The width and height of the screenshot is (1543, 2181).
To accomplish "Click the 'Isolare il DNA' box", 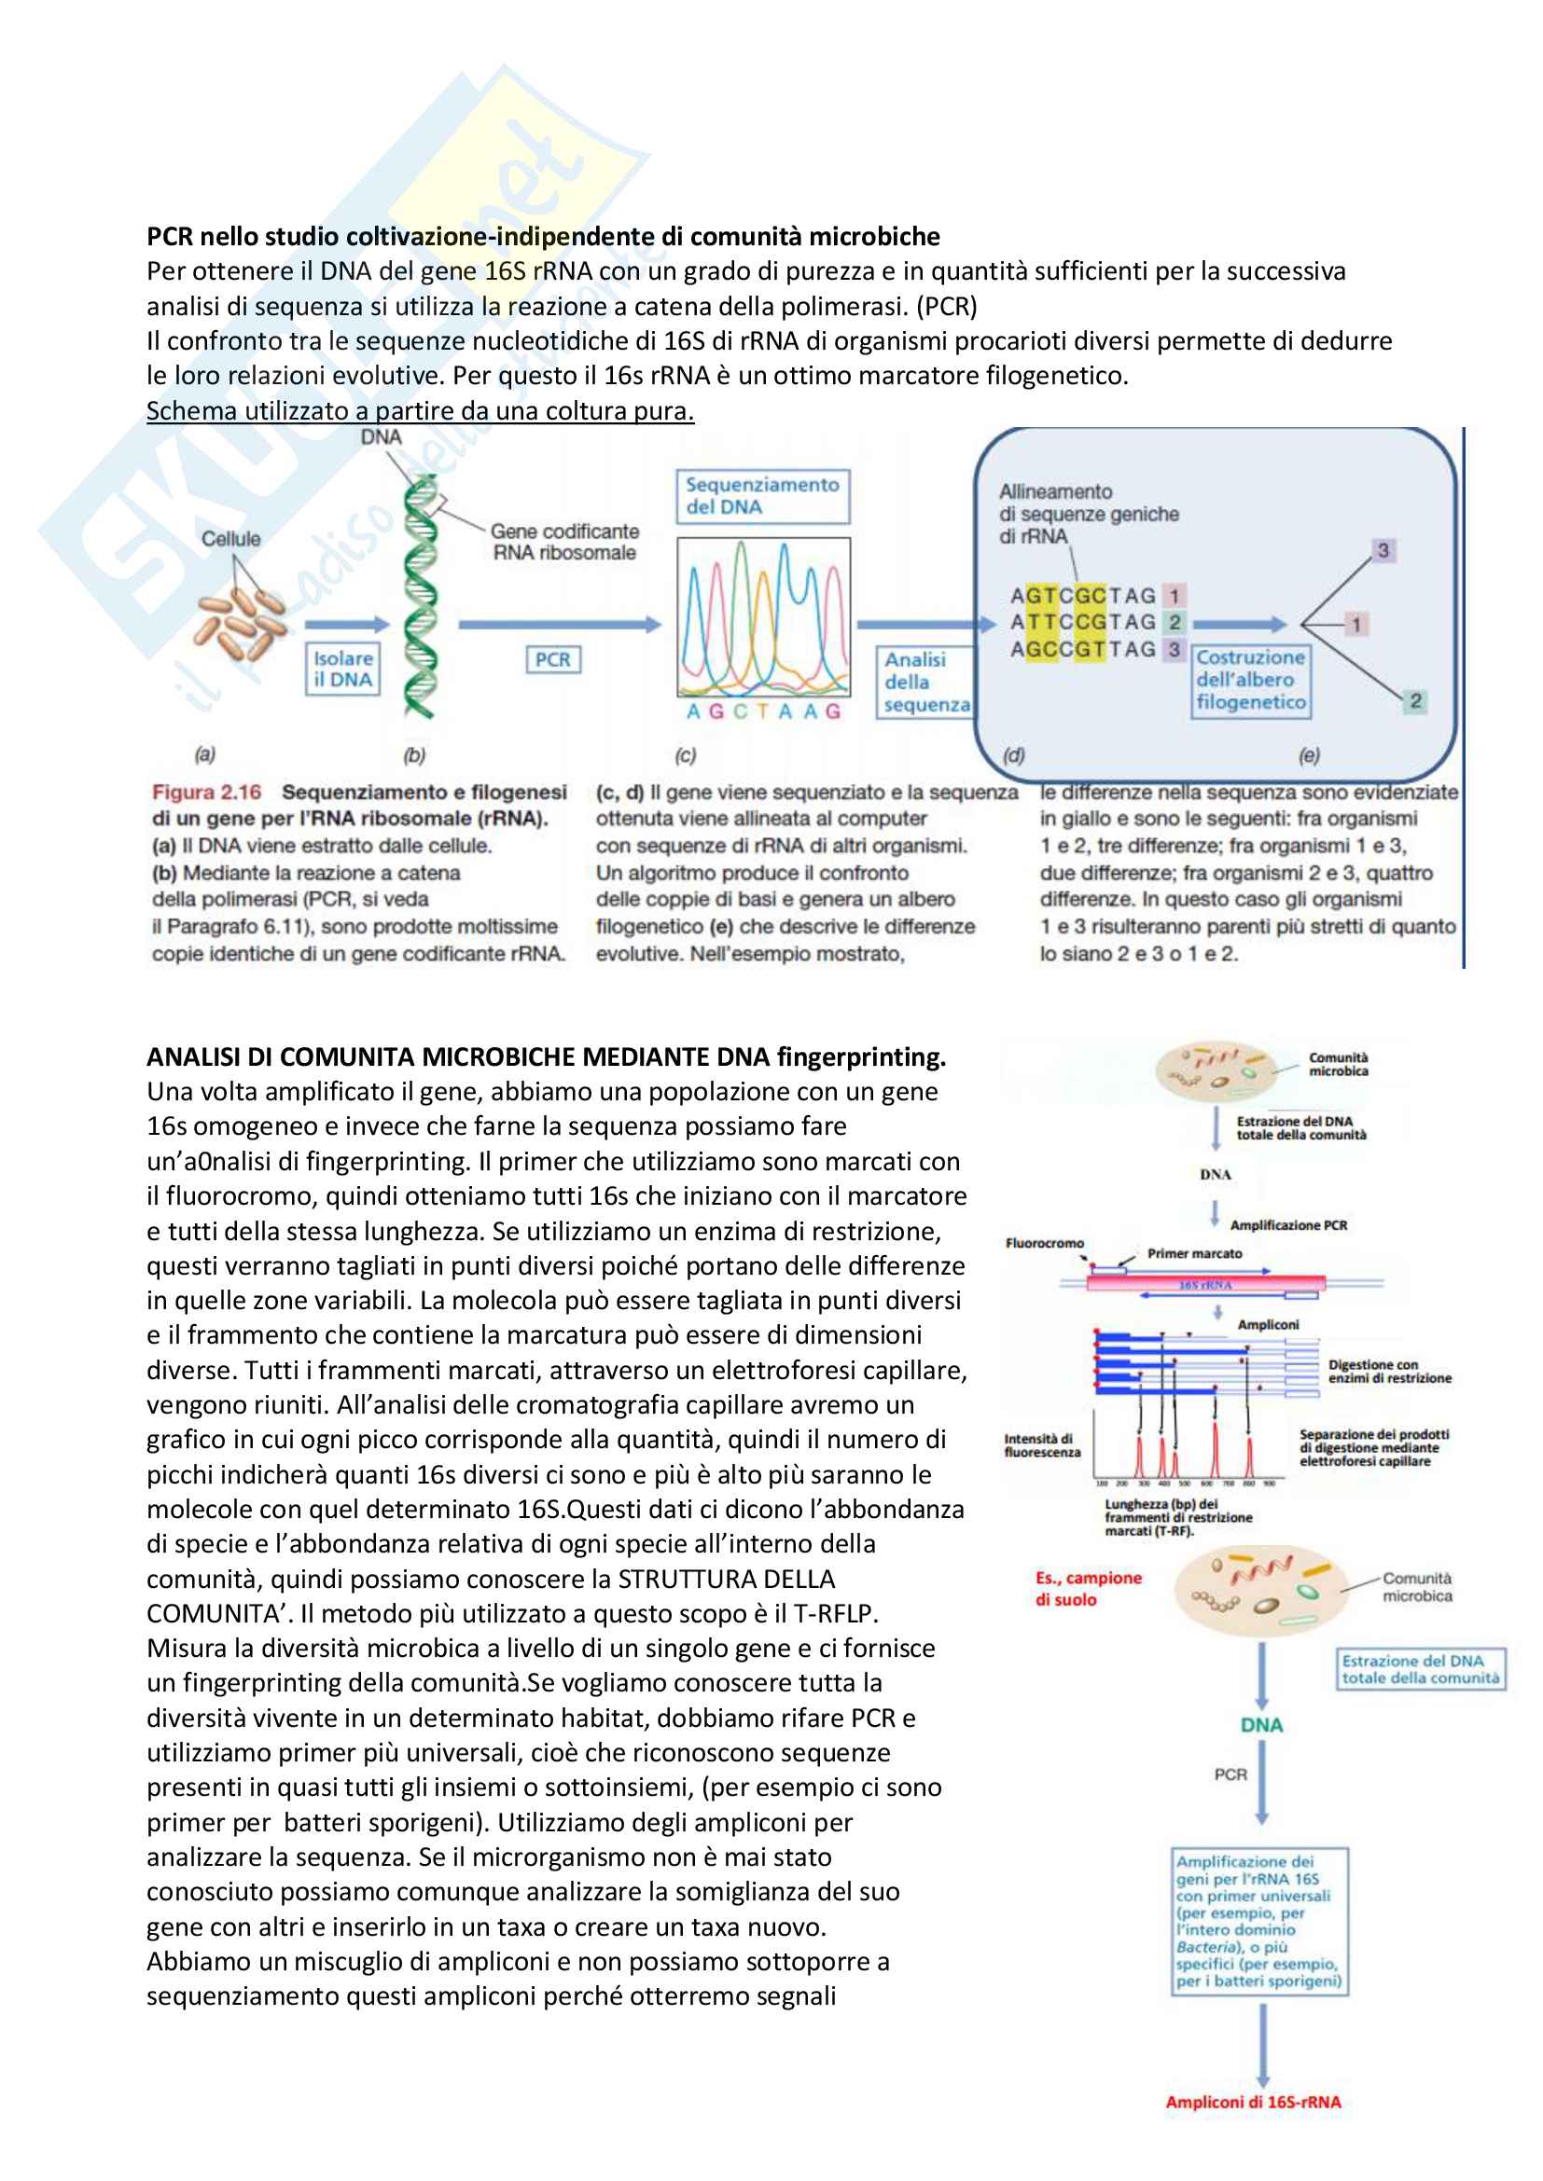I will tap(343, 669).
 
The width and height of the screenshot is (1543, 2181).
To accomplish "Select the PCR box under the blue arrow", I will tap(553, 659).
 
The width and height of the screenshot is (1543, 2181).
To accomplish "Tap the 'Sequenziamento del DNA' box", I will tap(762, 496).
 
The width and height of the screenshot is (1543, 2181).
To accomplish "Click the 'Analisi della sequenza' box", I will tap(926, 682).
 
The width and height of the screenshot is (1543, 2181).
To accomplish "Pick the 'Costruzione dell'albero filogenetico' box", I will tap(1250, 680).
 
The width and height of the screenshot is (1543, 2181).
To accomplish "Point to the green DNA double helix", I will tap(420, 599).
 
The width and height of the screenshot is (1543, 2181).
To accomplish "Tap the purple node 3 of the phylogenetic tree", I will tap(1383, 550).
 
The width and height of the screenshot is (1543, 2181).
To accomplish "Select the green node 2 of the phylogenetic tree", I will tap(1415, 701).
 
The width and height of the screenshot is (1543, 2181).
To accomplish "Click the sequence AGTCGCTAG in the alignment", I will tap(1082, 596).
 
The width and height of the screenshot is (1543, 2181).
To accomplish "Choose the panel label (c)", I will tap(685, 755).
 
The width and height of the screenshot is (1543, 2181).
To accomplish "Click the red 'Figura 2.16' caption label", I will tap(206, 793).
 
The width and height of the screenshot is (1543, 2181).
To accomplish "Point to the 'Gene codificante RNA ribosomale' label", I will tap(564, 542).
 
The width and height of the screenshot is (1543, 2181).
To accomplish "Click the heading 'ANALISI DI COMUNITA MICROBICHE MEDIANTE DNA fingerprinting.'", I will tap(546, 1056).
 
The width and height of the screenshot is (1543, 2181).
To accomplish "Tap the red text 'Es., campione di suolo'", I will tap(1088, 1588).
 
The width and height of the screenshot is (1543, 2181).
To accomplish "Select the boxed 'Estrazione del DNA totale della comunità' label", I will tap(1420, 1669).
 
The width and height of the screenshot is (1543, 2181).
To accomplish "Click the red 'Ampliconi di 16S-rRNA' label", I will tap(1252, 2101).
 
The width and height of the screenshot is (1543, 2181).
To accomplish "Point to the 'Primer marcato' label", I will tap(1193, 1254).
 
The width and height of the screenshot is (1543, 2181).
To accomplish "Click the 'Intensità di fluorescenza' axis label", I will tap(1041, 1444).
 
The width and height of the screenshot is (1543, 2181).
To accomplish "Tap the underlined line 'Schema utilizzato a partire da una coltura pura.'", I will tap(420, 410).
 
